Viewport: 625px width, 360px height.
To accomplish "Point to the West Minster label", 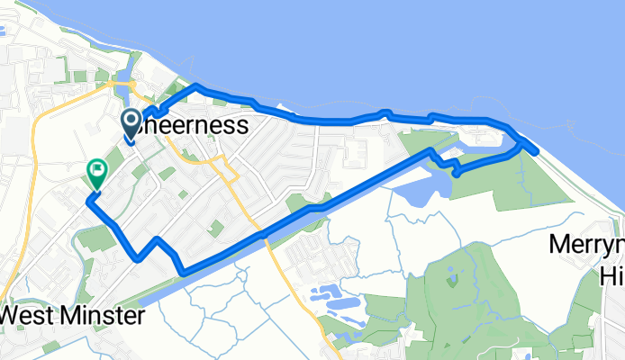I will click(x=74, y=317).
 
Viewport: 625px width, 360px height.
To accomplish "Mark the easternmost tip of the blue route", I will click(x=537, y=152).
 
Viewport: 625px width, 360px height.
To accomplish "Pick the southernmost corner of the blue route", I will click(x=183, y=271).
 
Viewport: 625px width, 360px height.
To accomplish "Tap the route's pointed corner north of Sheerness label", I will click(x=195, y=86).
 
